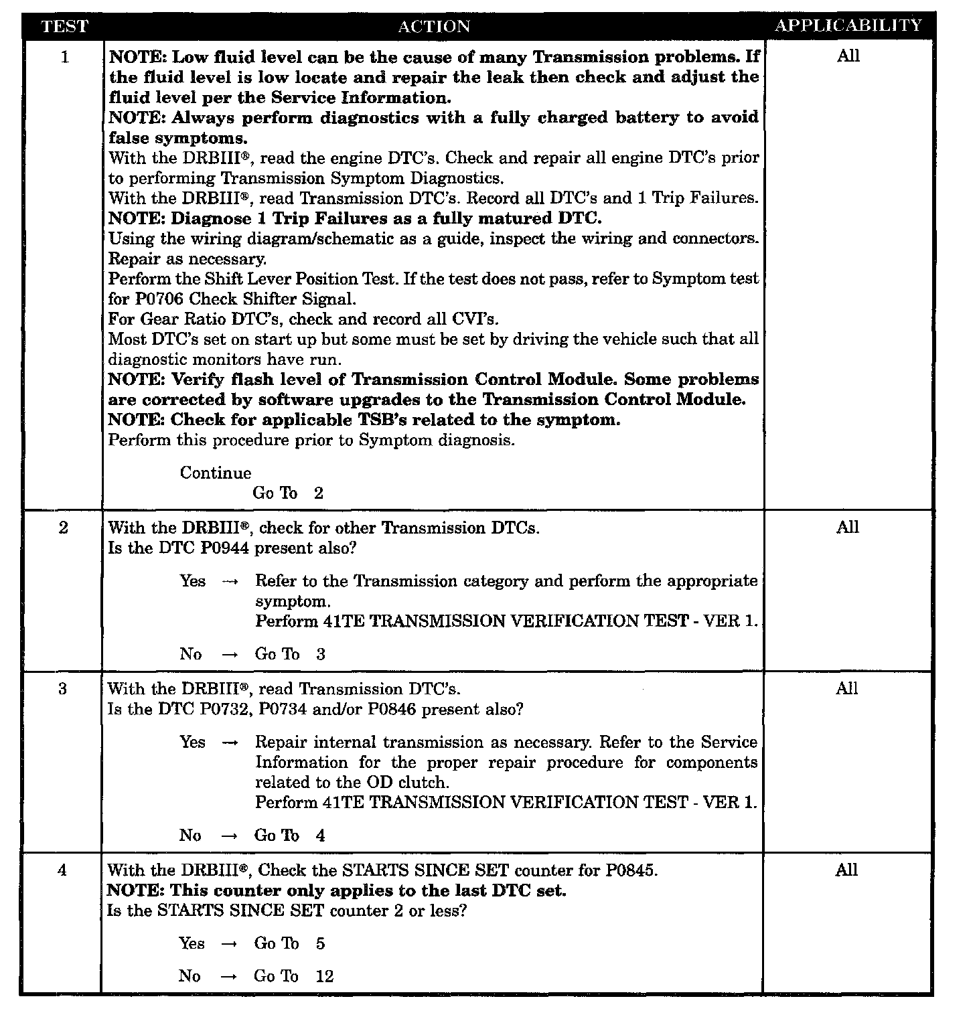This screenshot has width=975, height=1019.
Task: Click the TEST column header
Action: [x=64, y=27]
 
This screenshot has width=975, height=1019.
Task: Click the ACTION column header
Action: [x=434, y=27]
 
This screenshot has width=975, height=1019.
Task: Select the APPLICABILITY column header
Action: [x=848, y=26]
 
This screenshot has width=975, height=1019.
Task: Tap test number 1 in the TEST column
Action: [x=64, y=58]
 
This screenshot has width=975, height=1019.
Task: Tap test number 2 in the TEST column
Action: [x=64, y=528]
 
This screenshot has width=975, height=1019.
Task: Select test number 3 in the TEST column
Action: [x=63, y=690]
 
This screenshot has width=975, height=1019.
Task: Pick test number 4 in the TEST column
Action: [x=62, y=871]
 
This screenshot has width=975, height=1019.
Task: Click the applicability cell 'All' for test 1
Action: [x=848, y=56]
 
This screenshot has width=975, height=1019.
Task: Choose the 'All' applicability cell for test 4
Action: [x=846, y=870]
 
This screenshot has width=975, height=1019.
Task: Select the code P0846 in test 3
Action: [x=392, y=710]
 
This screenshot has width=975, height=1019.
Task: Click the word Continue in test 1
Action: [x=216, y=473]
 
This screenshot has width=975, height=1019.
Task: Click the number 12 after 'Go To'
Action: [x=324, y=977]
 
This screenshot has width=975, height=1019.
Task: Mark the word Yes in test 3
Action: [x=193, y=742]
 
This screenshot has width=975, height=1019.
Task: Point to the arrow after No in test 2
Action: [x=229, y=655]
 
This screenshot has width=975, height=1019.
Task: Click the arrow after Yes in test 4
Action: [x=229, y=944]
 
